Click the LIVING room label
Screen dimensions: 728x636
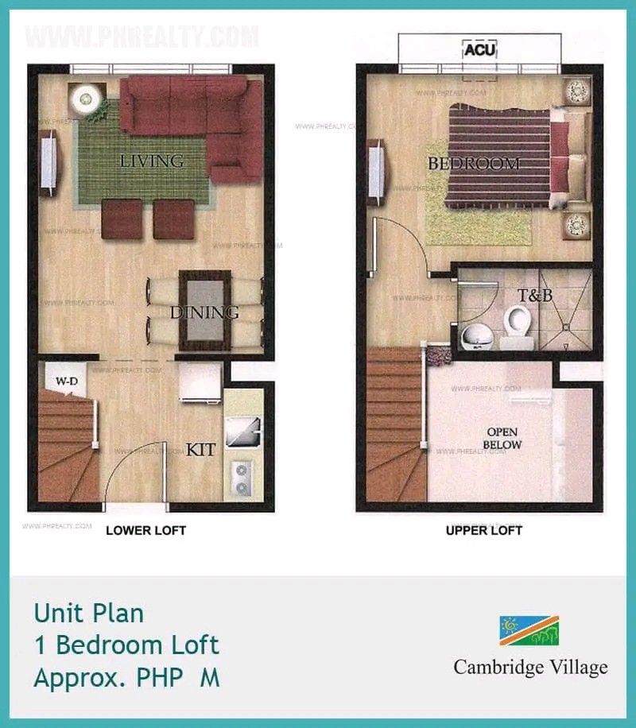click(151, 161)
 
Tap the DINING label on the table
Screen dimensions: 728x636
click(204, 312)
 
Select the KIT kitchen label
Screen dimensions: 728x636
click(201, 450)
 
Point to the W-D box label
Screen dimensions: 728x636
click(66, 381)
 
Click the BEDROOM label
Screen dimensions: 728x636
click(474, 165)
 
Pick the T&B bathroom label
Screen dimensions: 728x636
click(535, 296)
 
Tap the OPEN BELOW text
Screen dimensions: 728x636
click(504, 438)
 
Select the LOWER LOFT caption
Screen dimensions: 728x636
click(146, 530)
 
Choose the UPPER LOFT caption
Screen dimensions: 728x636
click(484, 530)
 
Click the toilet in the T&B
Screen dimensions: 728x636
click(518, 325)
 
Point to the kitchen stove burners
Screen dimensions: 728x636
click(241, 478)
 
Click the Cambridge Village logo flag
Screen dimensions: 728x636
click(529, 630)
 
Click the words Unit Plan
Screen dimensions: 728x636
click(89, 614)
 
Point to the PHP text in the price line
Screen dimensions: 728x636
click(159, 678)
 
